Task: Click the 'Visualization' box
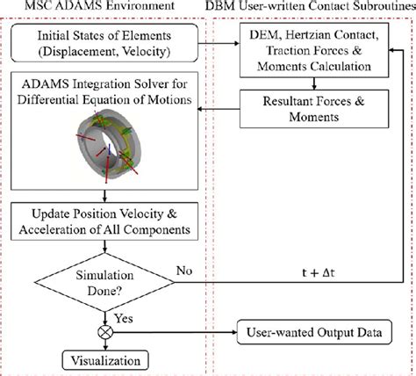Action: [104, 360]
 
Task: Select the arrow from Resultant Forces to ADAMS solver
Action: [212, 110]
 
